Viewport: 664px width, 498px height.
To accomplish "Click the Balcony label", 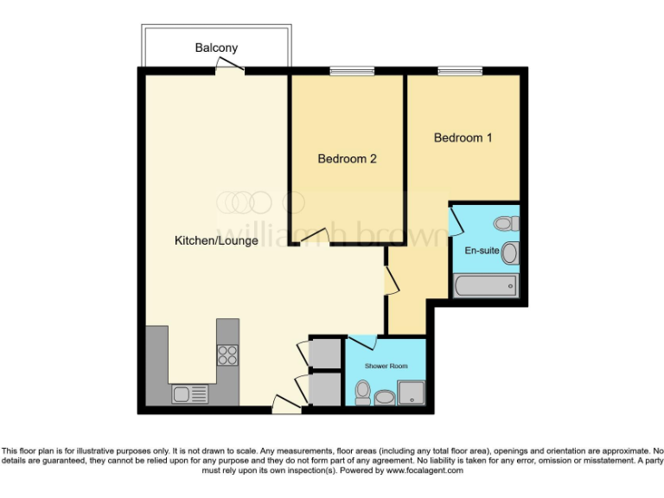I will [216, 48].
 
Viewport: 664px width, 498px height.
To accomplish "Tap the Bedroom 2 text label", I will [347, 159].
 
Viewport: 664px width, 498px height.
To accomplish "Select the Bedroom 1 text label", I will [463, 137].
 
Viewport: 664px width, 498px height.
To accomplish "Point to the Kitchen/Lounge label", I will [216, 240].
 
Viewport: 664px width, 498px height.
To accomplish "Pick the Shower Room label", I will [386, 367].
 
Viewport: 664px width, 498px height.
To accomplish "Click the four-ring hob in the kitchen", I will [227, 354].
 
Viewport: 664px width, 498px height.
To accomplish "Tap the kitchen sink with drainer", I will [190, 393].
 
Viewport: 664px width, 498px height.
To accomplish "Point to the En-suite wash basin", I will [510, 253].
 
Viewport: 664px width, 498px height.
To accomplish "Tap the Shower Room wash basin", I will [385, 397].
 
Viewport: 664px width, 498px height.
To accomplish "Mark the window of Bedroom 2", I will [347, 72].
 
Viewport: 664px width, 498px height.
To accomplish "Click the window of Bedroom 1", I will [460, 72].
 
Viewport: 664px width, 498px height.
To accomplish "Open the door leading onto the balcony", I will [230, 66].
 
